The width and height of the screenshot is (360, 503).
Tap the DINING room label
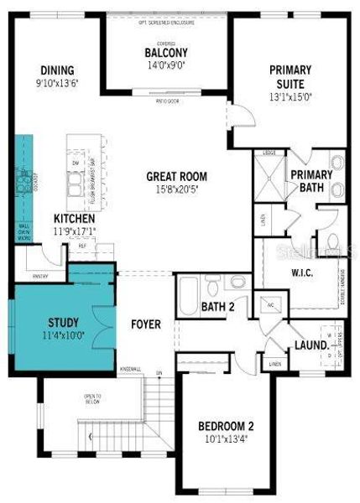pyautogui.click(x=56, y=70)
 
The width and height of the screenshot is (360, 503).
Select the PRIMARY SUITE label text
pyautogui.click(x=291, y=78)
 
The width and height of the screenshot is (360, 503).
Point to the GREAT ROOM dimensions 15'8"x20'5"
pyautogui.click(x=176, y=190)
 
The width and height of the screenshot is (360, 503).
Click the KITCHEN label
pyautogui.click(x=73, y=218)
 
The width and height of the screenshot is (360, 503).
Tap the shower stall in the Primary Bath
pyautogui.click(x=271, y=175)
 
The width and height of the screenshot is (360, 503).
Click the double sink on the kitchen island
pyautogui.click(x=77, y=179)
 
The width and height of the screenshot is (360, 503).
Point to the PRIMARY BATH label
pyautogui.click(x=311, y=180)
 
